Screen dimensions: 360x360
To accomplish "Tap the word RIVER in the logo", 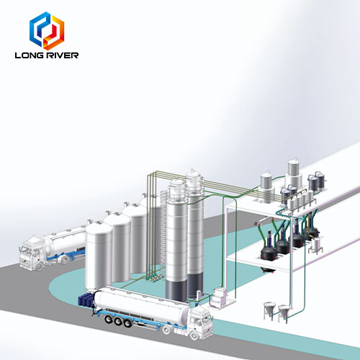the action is (62, 55).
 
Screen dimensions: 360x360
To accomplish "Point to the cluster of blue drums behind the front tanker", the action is (86, 300).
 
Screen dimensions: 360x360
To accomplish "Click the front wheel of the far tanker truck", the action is (40, 266).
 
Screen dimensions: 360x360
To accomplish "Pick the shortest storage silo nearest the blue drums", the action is (99, 256).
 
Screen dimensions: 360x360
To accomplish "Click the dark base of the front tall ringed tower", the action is (176, 290).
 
